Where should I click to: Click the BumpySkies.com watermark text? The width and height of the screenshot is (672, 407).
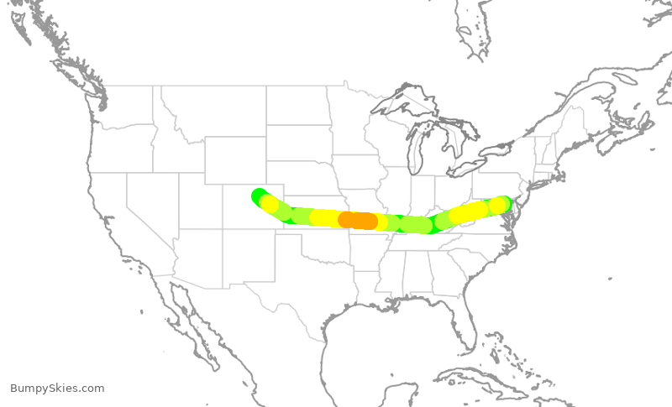pyautogui.click(x=57, y=389)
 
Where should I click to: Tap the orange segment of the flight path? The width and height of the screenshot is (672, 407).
pyautogui.click(x=358, y=221)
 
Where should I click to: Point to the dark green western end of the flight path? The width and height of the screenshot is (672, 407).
pyautogui.click(x=259, y=196)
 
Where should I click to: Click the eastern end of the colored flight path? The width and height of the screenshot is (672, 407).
pyautogui.click(x=502, y=203)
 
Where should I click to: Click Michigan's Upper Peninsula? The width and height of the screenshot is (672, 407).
pyautogui.click(x=399, y=117)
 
